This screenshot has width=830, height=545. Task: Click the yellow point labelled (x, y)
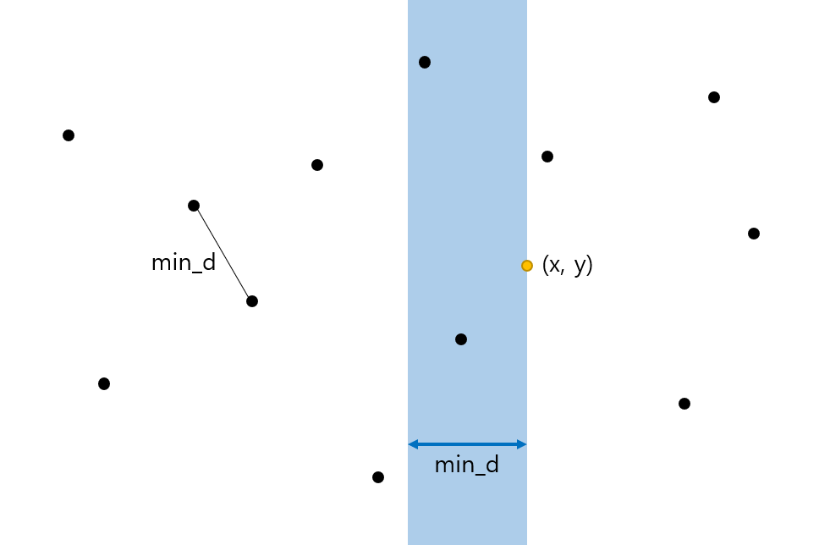[526, 266]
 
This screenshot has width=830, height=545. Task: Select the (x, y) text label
[567, 265]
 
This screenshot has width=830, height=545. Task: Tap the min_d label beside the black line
[184, 263]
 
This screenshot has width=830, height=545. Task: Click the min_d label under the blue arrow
[466, 465]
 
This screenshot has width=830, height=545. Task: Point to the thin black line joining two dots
[223, 253]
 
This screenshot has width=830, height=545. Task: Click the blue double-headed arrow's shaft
[467, 444]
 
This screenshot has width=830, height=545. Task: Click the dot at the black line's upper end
[194, 206]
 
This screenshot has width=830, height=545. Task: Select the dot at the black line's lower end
[251, 301]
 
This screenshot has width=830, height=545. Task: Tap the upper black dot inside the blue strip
[425, 62]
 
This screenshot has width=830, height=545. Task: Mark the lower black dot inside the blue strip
[461, 339]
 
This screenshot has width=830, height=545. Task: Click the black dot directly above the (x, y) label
[547, 157]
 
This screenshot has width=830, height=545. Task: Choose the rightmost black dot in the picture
[754, 234]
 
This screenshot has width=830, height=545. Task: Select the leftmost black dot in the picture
[69, 135]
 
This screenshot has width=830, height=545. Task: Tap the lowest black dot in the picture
[378, 477]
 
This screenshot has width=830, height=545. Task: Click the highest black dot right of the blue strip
[714, 97]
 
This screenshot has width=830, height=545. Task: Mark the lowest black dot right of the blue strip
[684, 404]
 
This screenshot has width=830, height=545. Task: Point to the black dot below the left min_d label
[104, 384]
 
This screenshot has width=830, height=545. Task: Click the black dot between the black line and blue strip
[317, 165]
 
